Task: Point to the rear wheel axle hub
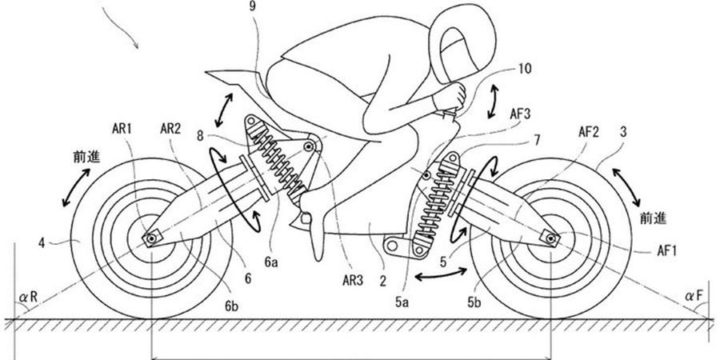151,238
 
